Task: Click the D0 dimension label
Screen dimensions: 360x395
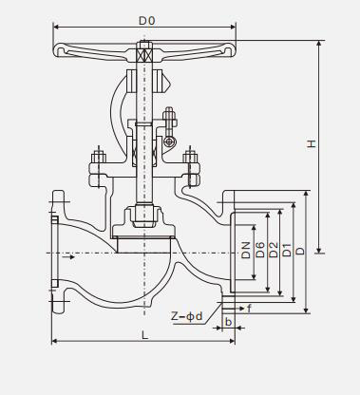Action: tap(147, 21)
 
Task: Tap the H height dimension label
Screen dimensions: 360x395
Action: tap(312, 143)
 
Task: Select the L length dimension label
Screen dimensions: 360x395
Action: tap(144, 334)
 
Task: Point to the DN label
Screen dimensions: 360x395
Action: tap(246, 250)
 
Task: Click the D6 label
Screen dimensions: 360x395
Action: tap(259, 250)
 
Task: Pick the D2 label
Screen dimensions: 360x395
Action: tap(273, 250)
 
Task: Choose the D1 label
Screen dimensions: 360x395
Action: tap(287, 250)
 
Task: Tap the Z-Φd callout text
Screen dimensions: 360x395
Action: tap(186, 316)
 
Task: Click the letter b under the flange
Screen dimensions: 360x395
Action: tap(228, 322)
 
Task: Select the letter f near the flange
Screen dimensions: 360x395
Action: tap(249, 308)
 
